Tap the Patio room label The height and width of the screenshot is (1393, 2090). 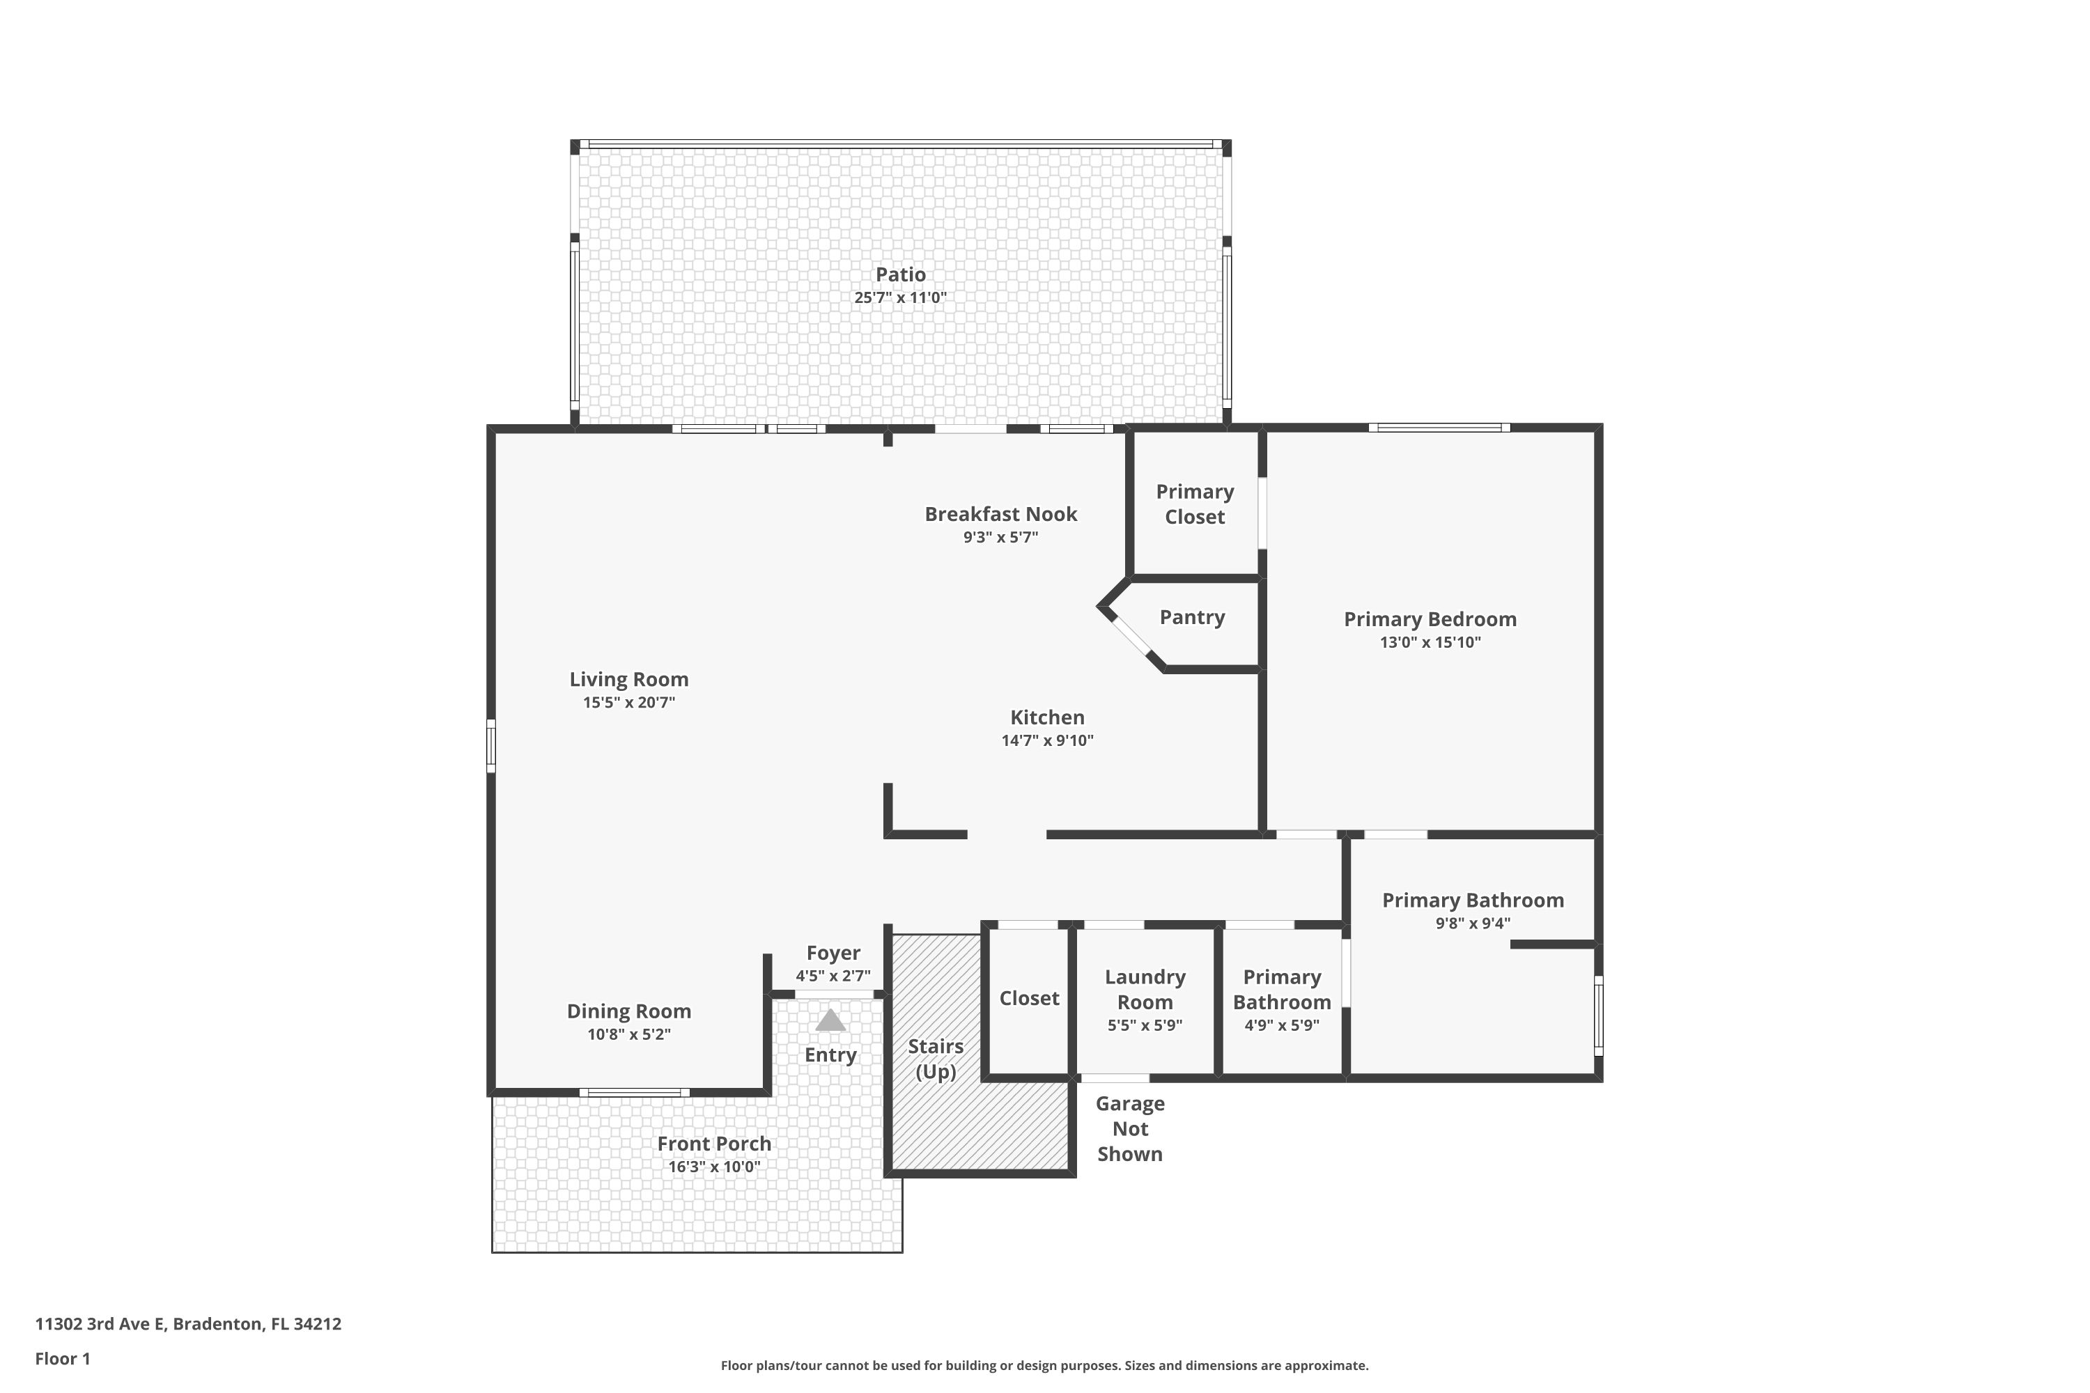900,274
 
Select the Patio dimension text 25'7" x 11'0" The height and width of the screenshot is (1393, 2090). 900,297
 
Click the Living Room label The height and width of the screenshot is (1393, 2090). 628,680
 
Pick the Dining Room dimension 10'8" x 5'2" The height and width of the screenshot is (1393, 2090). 628,1034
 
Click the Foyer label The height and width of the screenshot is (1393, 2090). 833,954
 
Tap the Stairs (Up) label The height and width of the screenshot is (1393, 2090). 936,1059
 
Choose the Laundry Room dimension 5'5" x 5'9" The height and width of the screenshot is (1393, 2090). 1145,1025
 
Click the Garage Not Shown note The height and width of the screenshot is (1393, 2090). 1129,1128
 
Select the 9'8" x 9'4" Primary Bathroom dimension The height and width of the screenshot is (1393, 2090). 1473,923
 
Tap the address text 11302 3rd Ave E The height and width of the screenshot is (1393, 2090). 100,1325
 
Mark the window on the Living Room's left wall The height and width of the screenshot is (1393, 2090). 490,745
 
